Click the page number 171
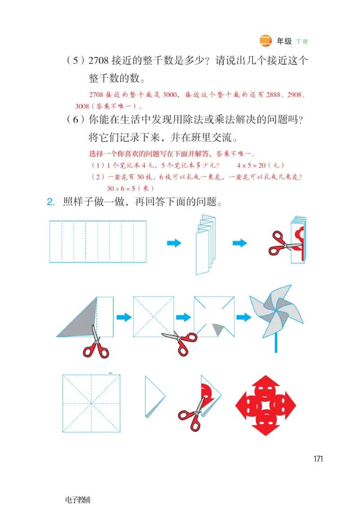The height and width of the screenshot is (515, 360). pos(318,459)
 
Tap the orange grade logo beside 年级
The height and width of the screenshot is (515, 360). pos(266,41)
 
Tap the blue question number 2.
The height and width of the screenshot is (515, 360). pos(50,202)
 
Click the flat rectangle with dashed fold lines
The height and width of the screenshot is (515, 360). pos(98,242)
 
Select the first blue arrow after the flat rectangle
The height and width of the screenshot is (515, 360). pos(174,243)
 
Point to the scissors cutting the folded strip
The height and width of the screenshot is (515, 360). pos(284,243)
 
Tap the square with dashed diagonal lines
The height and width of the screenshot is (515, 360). pos(153,316)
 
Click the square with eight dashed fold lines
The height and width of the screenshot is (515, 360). pos(91,403)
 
